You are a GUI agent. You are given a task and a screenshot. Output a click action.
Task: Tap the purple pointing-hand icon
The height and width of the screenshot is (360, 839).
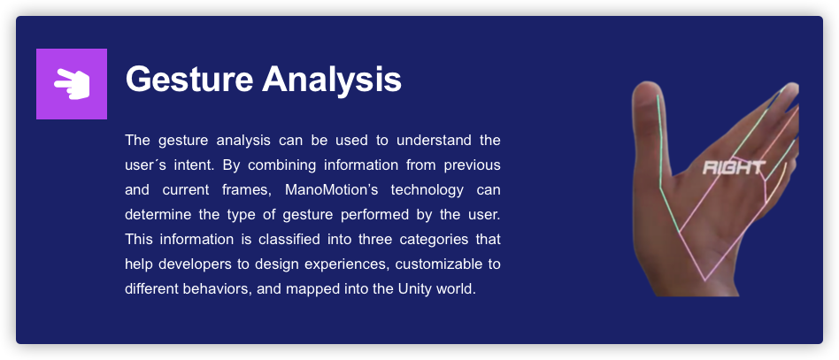click(72, 84)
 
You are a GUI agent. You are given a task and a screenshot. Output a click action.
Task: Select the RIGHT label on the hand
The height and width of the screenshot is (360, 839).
click(734, 166)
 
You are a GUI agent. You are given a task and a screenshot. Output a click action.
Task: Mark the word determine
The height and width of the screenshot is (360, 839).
click(157, 214)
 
